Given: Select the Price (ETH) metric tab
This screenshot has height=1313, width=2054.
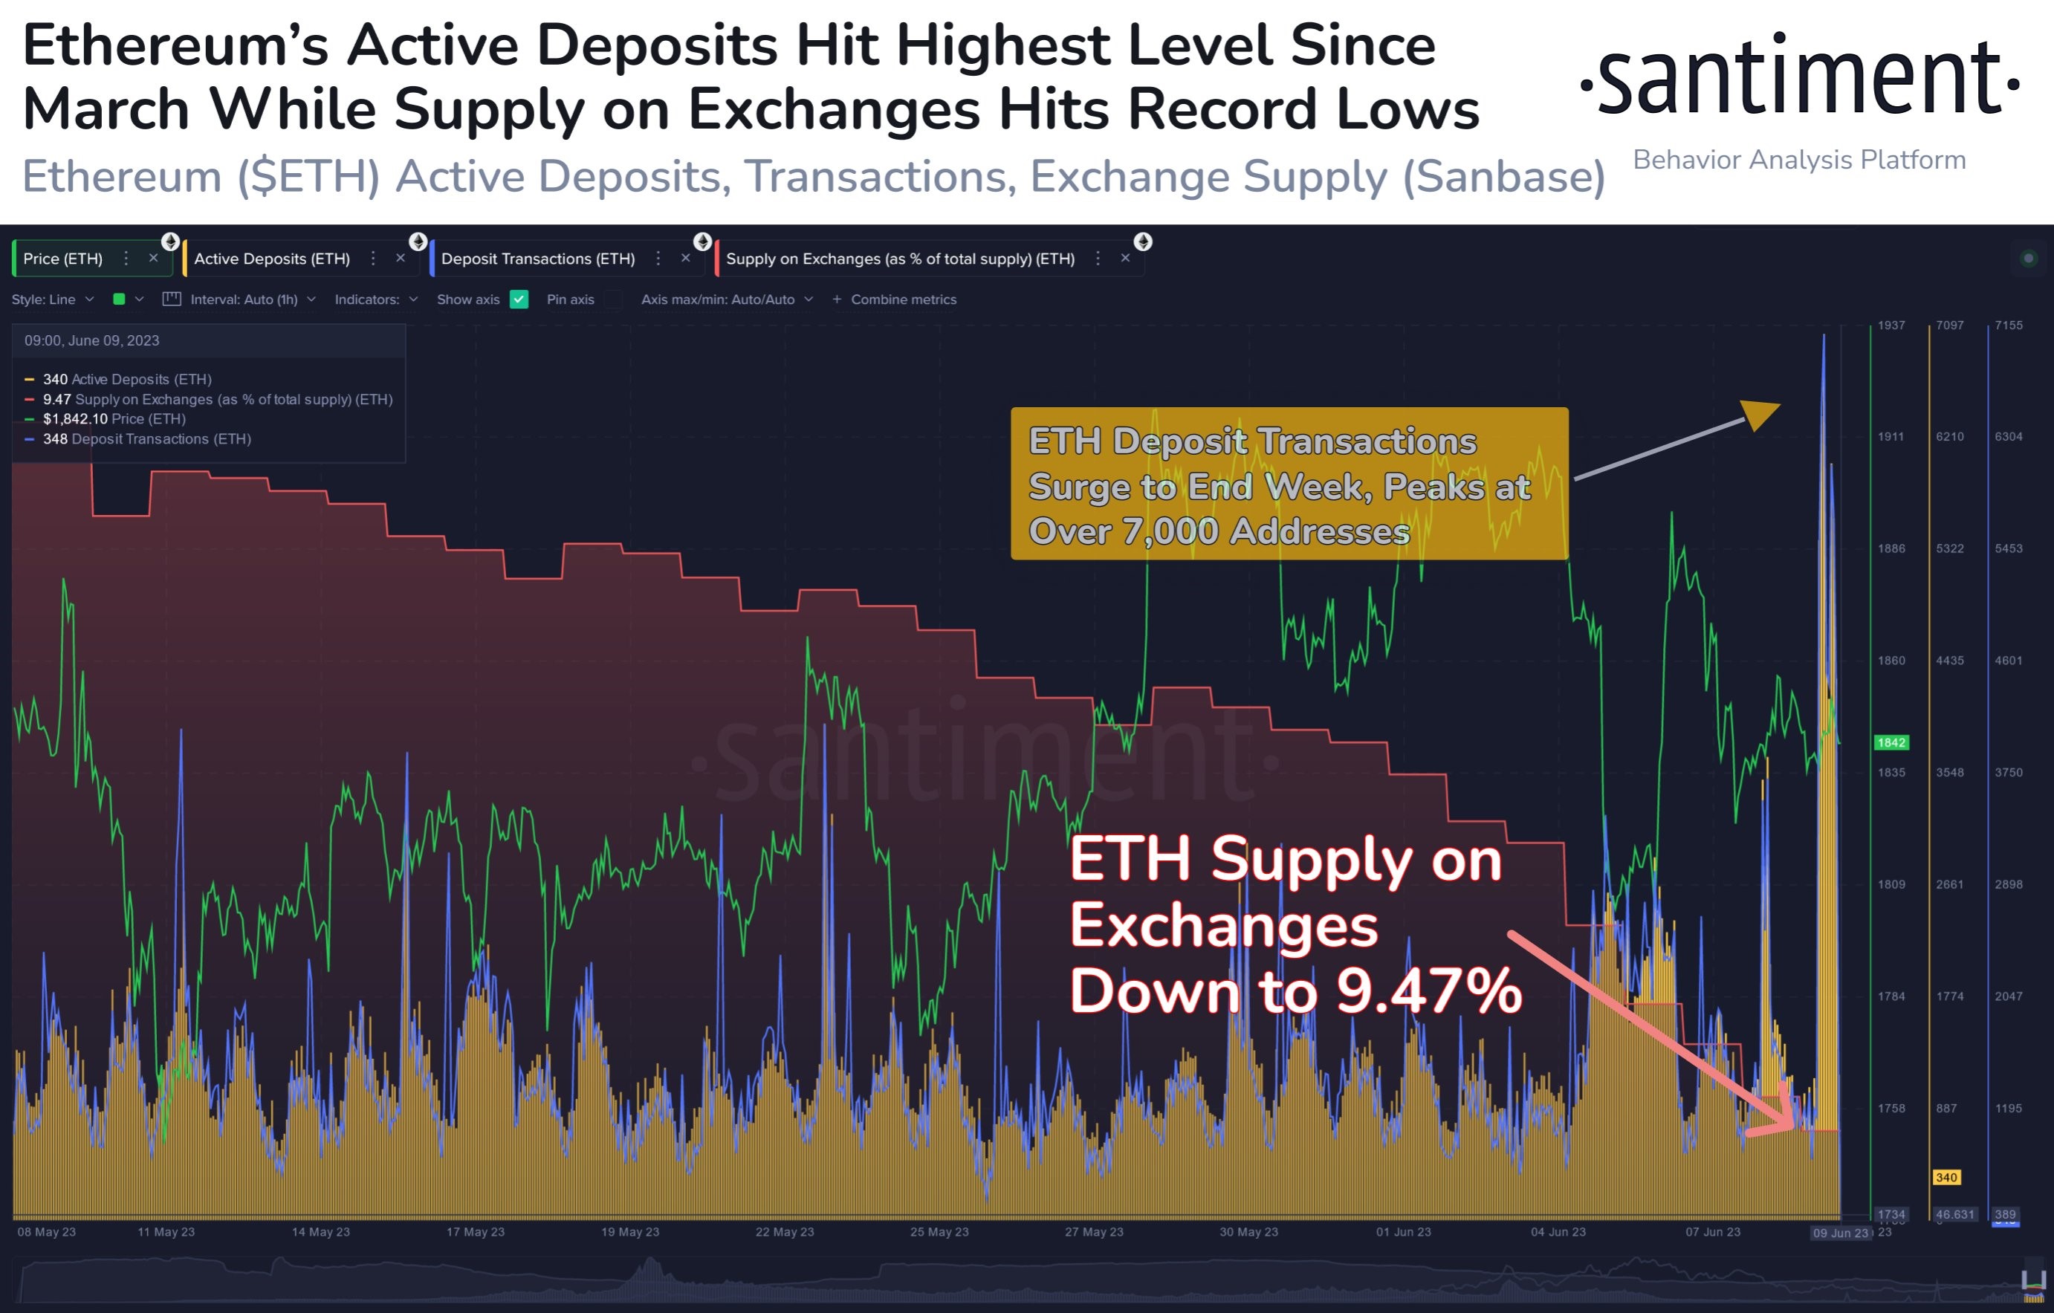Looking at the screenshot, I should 62,259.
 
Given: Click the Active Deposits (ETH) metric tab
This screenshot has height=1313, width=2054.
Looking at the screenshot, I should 271,259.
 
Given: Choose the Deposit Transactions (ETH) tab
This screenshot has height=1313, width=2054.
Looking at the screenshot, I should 537,259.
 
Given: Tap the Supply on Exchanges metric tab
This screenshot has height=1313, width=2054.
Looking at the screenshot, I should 899,259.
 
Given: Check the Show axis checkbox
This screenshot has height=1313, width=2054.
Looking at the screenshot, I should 519,299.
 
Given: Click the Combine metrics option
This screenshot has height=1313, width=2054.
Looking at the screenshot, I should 902,299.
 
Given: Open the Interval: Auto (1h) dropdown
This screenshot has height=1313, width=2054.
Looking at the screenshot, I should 244,299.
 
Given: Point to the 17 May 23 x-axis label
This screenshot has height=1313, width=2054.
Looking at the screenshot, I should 475,1232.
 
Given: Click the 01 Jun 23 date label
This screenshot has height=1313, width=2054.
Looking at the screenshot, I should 1403,1232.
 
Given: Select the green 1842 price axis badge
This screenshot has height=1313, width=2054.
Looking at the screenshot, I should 1891,742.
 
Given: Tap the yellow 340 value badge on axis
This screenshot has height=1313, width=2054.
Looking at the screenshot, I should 1946,1177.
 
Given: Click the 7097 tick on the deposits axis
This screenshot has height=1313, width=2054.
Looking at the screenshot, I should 1949,325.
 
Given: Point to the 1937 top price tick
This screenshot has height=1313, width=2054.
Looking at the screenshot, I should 1891,325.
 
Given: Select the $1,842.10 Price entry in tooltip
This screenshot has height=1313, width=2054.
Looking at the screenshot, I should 114,419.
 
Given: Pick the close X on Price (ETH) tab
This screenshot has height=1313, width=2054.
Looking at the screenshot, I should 154,258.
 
